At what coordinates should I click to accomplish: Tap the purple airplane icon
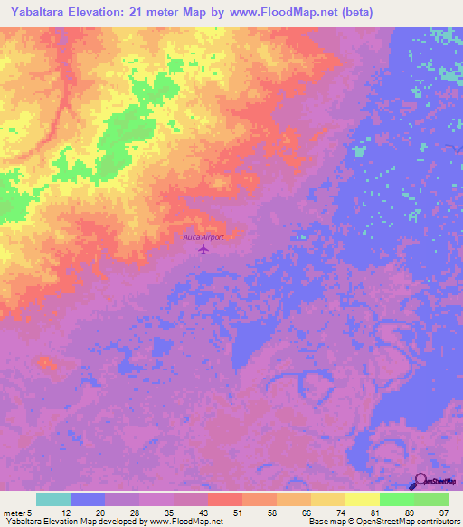tap(203, 248)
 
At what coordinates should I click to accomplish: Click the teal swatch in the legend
tap(53, 499)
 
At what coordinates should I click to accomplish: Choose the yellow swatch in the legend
tap(363, 499)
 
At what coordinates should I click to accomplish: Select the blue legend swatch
tap(88, 499)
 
